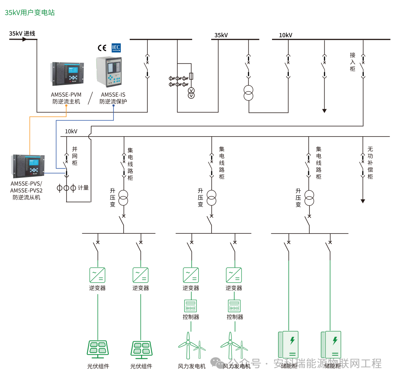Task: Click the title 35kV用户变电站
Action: [x=30, y=12]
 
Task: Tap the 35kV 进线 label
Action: [x=22, y=33]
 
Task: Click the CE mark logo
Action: [x=102, y=48]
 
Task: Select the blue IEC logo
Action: [x=116, y=47]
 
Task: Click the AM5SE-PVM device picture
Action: [x=67, y=73]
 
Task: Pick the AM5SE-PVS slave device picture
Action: [x=28, y=166]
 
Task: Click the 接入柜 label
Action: [x=352, y=62]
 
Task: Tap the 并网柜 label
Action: [x=74, y=156]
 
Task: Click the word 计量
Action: [x=83, y=188]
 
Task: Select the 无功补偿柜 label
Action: [x=370, y=163]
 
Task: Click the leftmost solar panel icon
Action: [x=97, y=349]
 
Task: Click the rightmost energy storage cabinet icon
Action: [x=331, y=345]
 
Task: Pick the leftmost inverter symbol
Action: [x=97, y=275]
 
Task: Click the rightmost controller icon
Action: [x=234, y=305]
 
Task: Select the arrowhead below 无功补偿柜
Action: [x=363, y=201]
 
